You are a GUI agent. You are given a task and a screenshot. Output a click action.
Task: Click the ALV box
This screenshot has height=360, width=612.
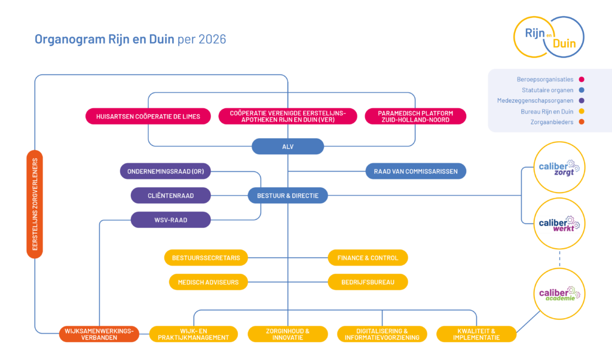(x=287, y=147)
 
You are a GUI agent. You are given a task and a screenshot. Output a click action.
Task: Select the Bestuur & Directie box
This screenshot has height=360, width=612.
(x=287, y=195)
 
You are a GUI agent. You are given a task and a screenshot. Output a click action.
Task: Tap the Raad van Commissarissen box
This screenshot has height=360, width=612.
(x=416, y=171)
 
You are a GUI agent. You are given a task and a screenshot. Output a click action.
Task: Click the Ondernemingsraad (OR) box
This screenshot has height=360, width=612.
(x=166, y=171)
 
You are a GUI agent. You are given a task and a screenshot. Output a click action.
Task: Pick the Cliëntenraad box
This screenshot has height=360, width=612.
(x=171, y=195)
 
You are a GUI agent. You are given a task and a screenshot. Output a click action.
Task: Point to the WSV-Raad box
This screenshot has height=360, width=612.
(x=171, y=219)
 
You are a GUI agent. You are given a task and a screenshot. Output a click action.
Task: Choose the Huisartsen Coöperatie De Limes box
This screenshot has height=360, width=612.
(x=148, y=116)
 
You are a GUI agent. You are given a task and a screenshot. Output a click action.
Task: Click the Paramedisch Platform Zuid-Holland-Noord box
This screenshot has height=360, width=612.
(x=415, y=116)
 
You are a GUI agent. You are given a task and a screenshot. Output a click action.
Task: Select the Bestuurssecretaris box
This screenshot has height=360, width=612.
(x=206, y=258)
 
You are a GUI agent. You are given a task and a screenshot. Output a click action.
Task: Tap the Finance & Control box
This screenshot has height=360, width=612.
(x=368, y=258)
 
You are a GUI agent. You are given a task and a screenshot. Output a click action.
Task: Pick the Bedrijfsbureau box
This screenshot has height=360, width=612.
(x=368, y=282)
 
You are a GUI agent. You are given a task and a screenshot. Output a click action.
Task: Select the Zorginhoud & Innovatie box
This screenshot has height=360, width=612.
(x=287, y=334)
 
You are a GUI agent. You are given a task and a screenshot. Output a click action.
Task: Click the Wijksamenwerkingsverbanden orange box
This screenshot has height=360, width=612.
(x=99, y=334)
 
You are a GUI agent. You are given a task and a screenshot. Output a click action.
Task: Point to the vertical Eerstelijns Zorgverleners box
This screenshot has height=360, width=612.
(x=35, y=204)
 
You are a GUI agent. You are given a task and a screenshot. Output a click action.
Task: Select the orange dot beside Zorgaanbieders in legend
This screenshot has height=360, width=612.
(x=581, y=122)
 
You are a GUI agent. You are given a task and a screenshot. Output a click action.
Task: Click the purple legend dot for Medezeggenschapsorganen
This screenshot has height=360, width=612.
(x=581, y=100)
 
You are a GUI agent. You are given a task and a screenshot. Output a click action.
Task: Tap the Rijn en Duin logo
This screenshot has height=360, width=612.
(x=549, y=36)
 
